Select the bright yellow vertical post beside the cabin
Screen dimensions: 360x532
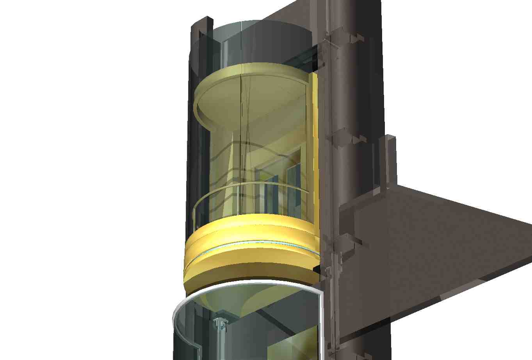315,156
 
